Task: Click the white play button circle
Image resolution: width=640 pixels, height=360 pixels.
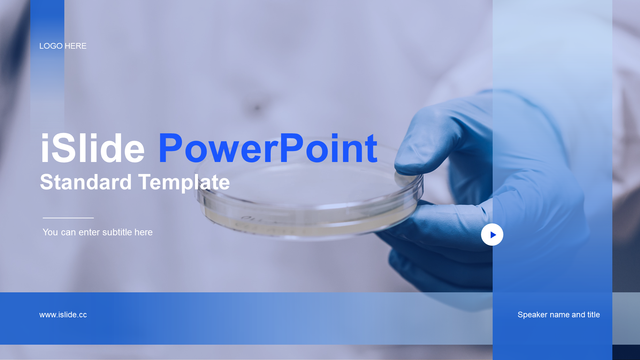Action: (x=492, y=234)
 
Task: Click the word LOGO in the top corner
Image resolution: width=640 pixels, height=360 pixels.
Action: (x=51, y=46)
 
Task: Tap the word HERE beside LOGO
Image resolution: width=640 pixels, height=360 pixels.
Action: (x=76, y=46)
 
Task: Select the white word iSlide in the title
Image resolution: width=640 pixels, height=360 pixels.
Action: (x=93, y=148)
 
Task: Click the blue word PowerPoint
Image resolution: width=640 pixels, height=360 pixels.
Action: (x=268, y=148)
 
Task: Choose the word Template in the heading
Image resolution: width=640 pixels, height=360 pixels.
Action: (x=184, y=183)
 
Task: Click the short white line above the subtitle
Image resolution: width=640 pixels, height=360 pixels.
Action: (x=68, y=218)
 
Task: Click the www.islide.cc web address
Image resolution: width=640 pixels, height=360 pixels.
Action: (x=63, y=315)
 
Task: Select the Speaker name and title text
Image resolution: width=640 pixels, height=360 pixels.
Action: (x=559, y=315)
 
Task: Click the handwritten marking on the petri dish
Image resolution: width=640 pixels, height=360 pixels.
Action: (x=253, y=219)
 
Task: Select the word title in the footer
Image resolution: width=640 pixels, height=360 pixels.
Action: (x=593, y=315)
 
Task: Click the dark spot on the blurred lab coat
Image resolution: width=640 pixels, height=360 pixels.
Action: (x=257, y=108)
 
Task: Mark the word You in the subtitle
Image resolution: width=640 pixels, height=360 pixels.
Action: (x=50, y=232)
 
